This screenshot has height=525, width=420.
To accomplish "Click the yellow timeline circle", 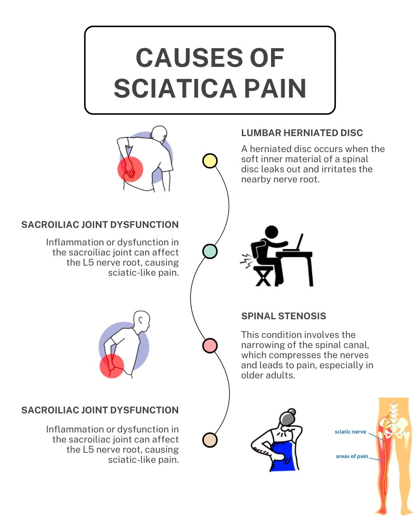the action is [210, 161].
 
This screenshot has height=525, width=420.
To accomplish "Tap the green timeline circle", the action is [210, 251].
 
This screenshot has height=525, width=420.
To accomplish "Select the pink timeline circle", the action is [210, 345].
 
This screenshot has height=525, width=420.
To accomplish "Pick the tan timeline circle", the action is [210, 440].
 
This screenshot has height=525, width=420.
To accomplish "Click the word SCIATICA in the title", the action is [175, 88].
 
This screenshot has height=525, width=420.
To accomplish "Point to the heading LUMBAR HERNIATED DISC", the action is [302, 133].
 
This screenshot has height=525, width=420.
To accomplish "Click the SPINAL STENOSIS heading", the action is [283, 316].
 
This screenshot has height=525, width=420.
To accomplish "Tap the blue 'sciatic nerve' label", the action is [350, 432].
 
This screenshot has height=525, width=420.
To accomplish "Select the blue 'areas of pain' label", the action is [352, 456].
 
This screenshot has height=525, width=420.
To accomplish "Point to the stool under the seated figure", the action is [263, 276].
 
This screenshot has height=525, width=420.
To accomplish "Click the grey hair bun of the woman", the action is [291, 412].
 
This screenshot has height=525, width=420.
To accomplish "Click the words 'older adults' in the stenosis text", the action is [268, 375].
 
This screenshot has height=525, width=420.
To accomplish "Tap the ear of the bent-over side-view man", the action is [140, 320].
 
